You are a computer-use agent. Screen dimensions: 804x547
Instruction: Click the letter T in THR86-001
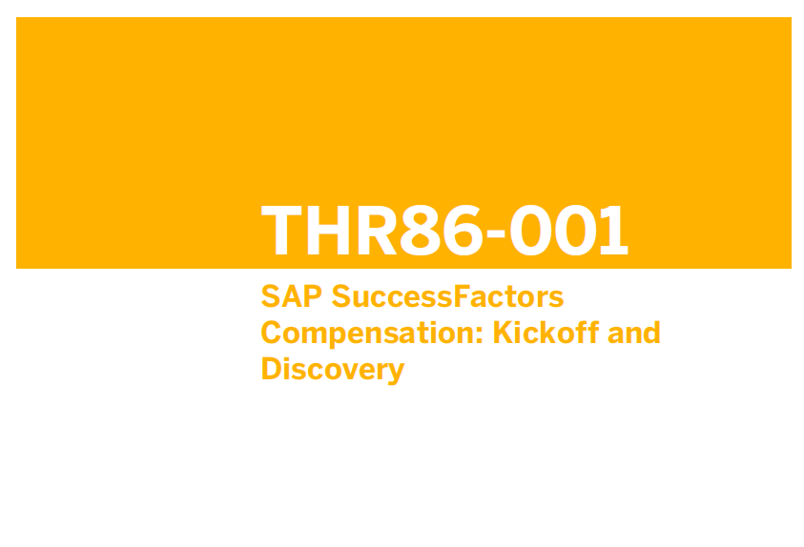tap(281, 230)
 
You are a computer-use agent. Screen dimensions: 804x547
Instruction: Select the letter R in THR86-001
tap(378, 230)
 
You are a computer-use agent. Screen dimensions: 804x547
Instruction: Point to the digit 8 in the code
tap(421, 230)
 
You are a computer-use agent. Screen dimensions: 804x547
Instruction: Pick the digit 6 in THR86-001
tap(464, 230)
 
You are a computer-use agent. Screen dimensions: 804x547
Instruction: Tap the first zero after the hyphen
tap(530, 230)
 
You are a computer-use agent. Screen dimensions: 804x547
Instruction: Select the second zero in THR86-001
tap(576, 230)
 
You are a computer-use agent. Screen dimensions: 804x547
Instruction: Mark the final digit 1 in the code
tap(614, 230)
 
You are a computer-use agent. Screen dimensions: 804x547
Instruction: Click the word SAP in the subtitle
tap(291, 296)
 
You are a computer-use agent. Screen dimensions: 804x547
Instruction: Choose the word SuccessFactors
tap(447, 296)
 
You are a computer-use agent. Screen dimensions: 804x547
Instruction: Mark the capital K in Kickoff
tap(504, 333)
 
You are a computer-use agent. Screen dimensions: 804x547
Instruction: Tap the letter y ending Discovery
tap(395, 374)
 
